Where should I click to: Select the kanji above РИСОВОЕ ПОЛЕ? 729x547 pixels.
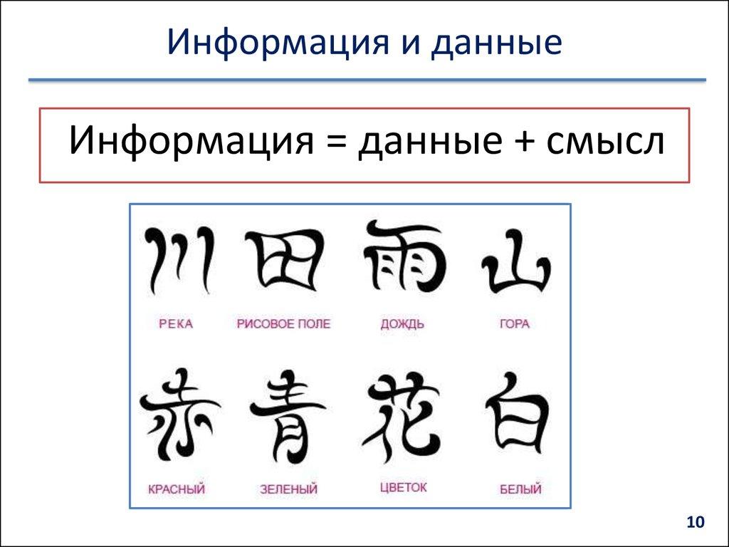283,259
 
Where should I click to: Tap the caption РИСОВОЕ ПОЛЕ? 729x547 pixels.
283,324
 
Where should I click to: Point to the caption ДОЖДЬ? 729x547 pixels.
402,324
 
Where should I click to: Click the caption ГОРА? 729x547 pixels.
515,324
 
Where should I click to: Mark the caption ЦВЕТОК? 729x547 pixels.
403,487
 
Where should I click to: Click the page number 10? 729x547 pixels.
694,523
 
